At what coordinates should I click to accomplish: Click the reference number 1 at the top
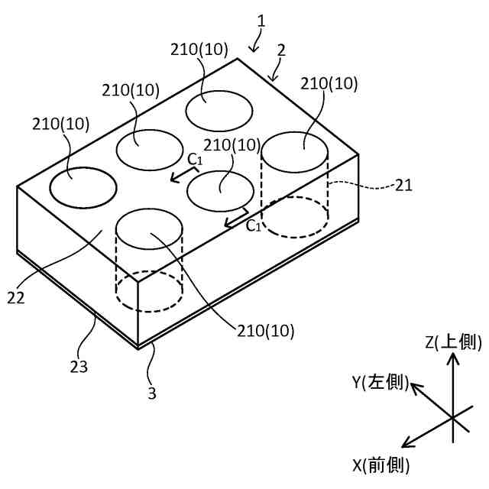261,21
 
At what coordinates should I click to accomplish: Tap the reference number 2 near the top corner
281,50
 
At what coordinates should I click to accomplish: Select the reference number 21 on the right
404,184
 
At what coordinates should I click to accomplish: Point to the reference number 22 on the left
16,296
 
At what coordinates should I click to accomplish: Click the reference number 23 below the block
79,366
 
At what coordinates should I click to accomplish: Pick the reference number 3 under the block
151,393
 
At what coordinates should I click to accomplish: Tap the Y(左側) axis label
380,381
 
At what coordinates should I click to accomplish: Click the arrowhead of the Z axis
453,361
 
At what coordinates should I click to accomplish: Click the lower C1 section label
254,225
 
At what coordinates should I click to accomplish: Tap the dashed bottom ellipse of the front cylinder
149,291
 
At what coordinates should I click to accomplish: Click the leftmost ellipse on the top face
83,186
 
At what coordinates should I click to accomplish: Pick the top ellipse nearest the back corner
221,110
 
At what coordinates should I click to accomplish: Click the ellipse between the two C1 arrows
221,190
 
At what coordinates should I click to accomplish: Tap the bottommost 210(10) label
265,331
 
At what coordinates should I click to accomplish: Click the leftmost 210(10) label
61,123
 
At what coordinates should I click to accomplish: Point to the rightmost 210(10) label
329,84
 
